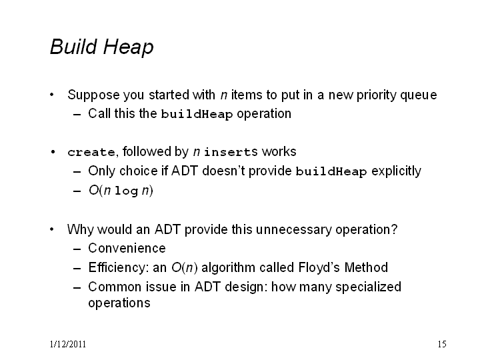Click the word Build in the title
click(x=73, y=47)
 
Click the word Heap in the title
click(x=128, y=48)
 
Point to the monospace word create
click(x=91, y=152)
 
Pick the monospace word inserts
click(x=231, y=152)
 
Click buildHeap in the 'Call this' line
click(x=197, y=114)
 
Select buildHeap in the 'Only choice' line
click(x=331, y=171)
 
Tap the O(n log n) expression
click(x=121, y=191)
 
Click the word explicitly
click(x=396, y=171)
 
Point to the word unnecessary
click(x=293, y=229)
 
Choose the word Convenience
click(x=127, y=248)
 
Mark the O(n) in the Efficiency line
click(x=184, y=267)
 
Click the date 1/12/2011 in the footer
click(x=67, y=345)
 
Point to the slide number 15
click(x=442, y=345)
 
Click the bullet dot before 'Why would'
click(x=52, y=229)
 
